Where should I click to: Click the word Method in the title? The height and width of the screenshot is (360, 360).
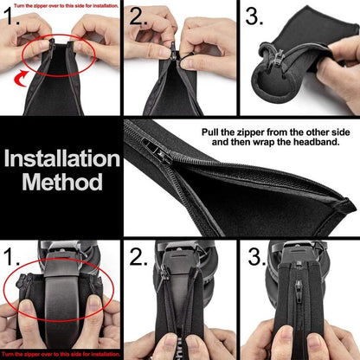point(62,183)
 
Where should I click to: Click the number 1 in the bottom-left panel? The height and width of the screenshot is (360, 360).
point(12,259)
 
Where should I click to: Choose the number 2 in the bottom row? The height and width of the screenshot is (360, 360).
point(138,257)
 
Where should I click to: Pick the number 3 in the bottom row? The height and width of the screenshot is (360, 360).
point(256,257)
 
